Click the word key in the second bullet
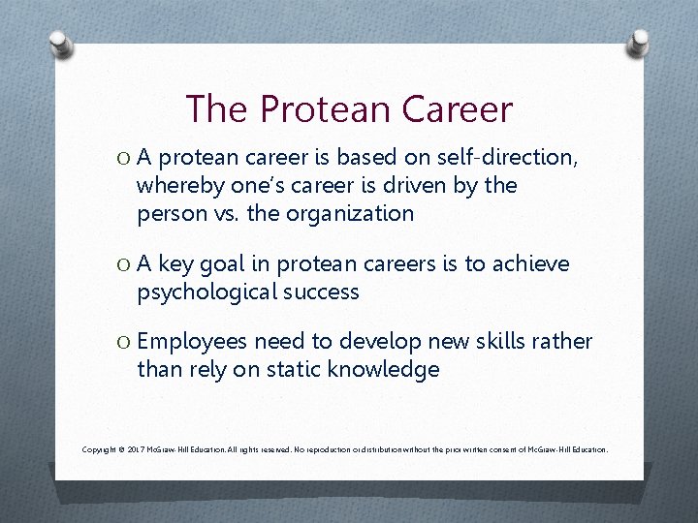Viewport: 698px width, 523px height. tap(175, 263)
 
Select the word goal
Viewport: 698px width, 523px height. tap(225, 263)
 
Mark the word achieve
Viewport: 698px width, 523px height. tap(531, 263)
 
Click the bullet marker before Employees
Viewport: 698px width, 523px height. tap(123, 342)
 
